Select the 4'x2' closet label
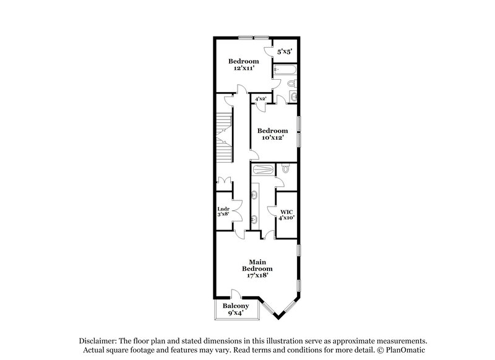pos(260,99)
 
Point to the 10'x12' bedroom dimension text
pos(273,138)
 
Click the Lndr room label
pos(223,209)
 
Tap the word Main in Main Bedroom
pos(257,262)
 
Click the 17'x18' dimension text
pos(257,276)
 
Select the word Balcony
pos(236,306)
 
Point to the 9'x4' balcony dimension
pos(236,313)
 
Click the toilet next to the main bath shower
pos(285,168)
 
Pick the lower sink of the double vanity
pos(256,218)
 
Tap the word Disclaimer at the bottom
pos(100,341)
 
